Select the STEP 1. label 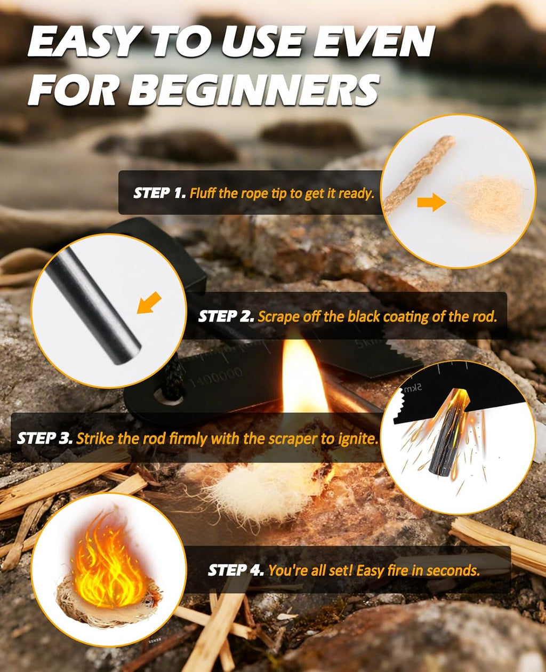pyautogui.click(x=158, y=193)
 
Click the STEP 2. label pyautogui.click(x=226, y=316)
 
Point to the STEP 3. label pyautogui.click(x=45, y=438)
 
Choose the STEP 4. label pyautogui.click(x=235, y=570)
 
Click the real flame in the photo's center pyautogui.click(x=302, y=379)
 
